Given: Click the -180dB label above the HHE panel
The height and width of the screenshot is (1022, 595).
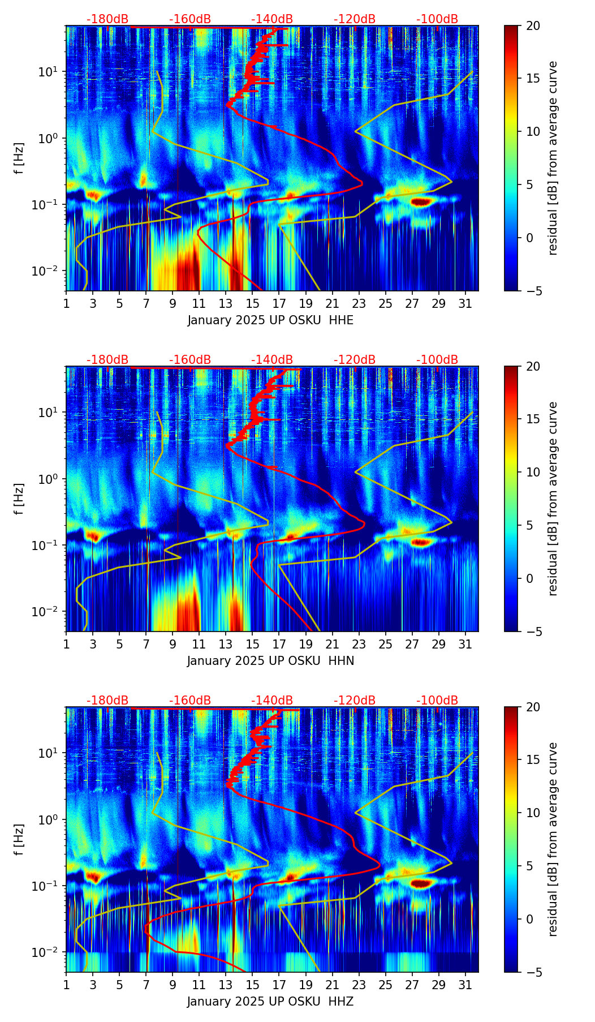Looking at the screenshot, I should [x=107, y=19].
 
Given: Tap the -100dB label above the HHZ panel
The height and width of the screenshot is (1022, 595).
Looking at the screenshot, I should [x=437, y=701].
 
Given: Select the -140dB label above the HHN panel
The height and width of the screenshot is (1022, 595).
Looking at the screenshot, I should [x=272, y=360].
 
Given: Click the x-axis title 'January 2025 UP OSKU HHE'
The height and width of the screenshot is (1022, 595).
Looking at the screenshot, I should [x=270, y=320].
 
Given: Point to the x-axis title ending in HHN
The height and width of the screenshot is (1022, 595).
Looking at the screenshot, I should [x=270, y=661].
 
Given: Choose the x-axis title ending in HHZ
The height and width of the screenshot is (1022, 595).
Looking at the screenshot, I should [x=270, y=1002].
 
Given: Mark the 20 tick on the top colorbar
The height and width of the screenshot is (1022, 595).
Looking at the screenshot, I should [x=533, y=25].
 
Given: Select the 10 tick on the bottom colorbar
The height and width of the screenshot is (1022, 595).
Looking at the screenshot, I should [x=533, y=813].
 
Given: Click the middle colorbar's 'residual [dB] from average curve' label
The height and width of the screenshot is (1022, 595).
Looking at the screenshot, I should [x=553, y=499].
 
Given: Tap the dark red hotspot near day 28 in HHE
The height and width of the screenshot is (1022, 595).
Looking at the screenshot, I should [x=422, y=201].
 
